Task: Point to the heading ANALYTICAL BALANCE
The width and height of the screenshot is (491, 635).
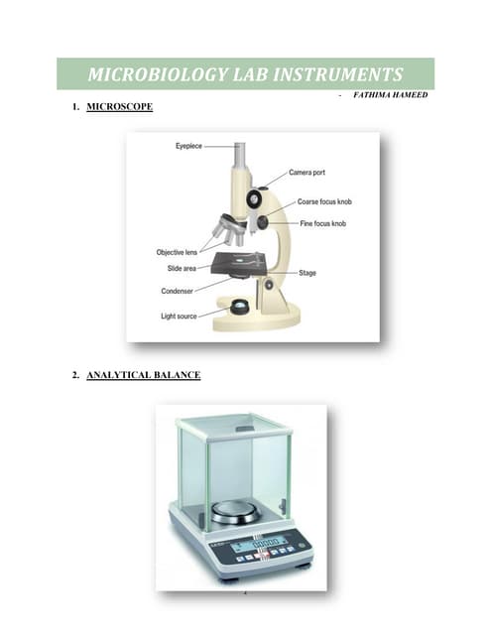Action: point(143,375)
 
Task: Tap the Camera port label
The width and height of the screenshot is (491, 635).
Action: point(307,173)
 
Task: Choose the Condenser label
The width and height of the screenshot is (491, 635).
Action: point(178,291)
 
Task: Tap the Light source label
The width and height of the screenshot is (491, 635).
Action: point(180,316)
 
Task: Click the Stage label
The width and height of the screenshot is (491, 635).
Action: point(307,273)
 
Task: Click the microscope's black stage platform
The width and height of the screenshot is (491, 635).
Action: point(238,263)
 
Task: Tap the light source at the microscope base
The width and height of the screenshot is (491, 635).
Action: point(239,309)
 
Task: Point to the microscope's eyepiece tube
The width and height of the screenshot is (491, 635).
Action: point(240,164)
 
